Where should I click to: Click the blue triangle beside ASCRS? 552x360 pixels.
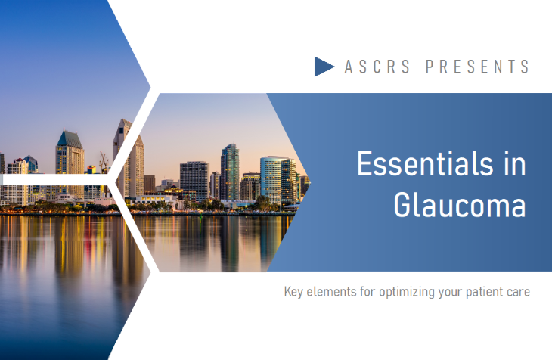point(323,67)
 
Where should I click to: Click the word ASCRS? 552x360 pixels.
point(377,67)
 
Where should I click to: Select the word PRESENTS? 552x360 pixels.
point(477,67)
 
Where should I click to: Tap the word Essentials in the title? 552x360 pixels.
point(424,163)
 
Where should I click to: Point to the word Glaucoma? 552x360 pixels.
point(460,205)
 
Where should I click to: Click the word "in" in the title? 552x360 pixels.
point(515,163)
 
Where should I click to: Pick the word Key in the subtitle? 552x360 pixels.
point(293,292)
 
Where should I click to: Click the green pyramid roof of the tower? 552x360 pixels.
point(70,139)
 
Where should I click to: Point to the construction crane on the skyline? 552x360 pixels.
point(104,162)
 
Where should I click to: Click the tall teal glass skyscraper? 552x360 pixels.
point(230,172)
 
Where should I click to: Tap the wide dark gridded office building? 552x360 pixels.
point(194,181)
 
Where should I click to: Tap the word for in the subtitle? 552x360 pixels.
point(367,292)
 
